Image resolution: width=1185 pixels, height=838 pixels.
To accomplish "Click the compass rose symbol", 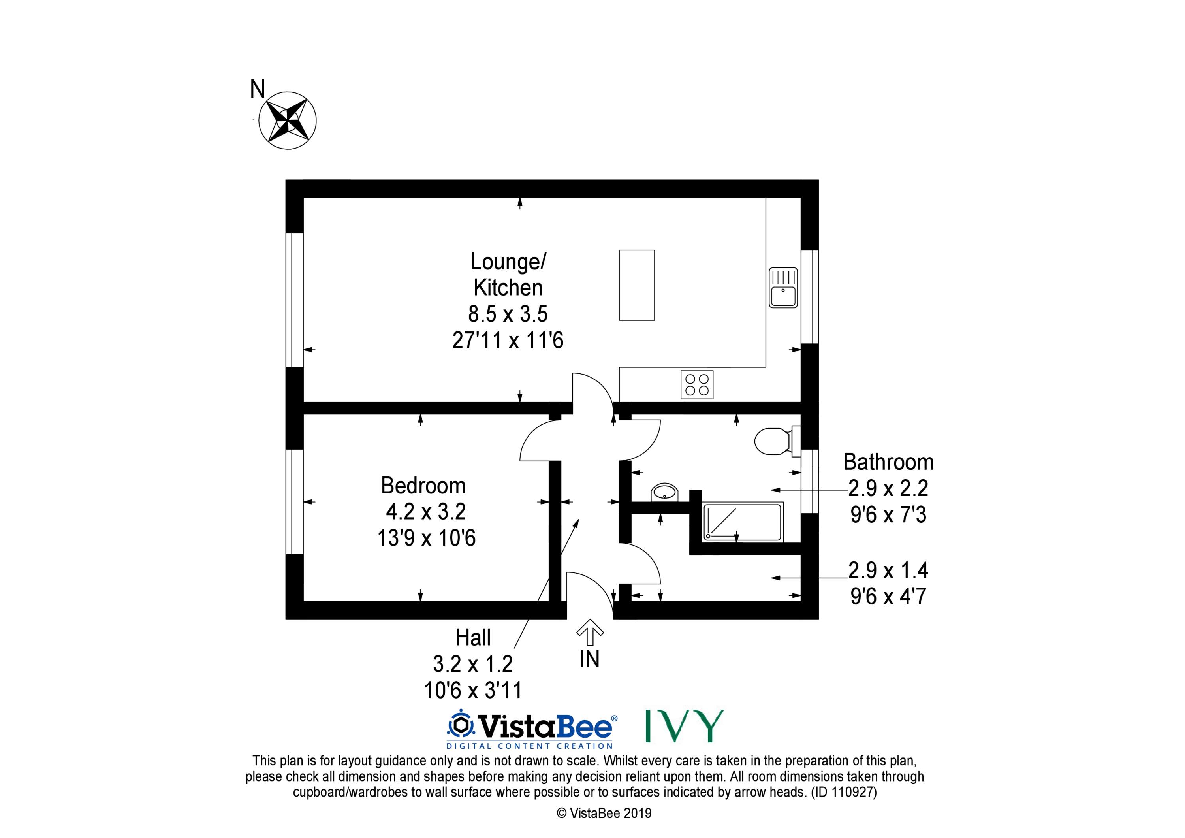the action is [x=288, y=121].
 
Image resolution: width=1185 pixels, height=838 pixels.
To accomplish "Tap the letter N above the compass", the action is [x=258, y=89].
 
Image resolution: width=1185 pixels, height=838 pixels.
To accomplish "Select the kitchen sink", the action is [x=783, y=288].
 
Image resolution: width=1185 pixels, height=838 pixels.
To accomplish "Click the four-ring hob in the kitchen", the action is [x=697, y=385].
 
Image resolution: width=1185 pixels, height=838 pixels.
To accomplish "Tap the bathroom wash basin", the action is [x=665, y=492].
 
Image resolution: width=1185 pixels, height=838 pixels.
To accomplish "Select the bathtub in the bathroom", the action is [x=743, y=522].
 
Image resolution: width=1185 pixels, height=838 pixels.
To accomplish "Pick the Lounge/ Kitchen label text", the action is [x=508, y=274].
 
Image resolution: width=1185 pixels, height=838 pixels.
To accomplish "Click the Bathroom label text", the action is [x=888, y=462].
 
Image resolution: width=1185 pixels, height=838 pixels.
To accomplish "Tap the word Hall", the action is [x=473, y=638].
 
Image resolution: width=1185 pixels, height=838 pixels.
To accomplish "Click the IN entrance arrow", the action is [x=590, y=632].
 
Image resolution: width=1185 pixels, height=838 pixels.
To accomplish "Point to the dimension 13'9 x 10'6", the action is [x=426, y=538].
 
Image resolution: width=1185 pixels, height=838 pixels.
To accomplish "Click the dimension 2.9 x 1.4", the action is [x=888, y=570].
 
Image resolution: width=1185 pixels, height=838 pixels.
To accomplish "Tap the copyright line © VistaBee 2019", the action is [x=604, y=813].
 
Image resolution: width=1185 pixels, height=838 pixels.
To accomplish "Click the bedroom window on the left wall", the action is [x=295, y=502].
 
